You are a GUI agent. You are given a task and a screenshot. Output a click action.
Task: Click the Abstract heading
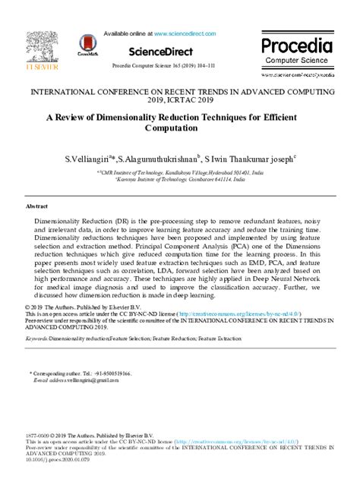click(37, 206)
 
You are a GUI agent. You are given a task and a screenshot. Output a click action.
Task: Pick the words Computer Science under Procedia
click(297, 61)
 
